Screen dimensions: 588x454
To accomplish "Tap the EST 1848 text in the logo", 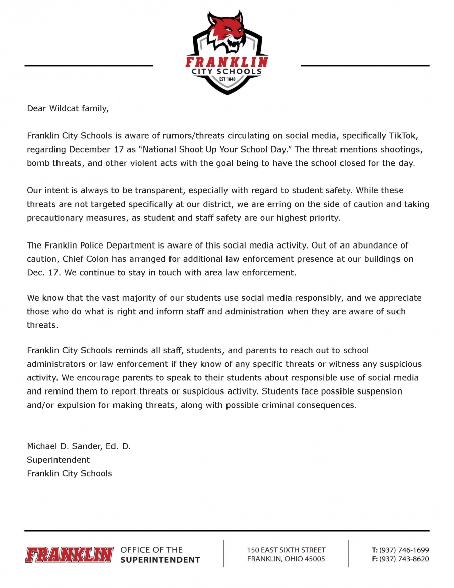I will (226, 79).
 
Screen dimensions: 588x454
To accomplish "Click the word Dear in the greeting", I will (36, 108).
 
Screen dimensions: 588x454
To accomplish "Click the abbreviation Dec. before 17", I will (36, 272).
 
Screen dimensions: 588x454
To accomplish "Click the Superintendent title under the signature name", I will (58, 460).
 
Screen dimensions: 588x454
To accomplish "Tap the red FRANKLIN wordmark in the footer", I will (69, 554).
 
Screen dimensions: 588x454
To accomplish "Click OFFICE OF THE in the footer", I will (151, 549).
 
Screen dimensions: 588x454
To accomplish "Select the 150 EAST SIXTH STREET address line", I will (286, 550).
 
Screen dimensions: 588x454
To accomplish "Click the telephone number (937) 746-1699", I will (404, 550).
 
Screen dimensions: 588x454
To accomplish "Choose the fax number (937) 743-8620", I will (404, 559).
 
